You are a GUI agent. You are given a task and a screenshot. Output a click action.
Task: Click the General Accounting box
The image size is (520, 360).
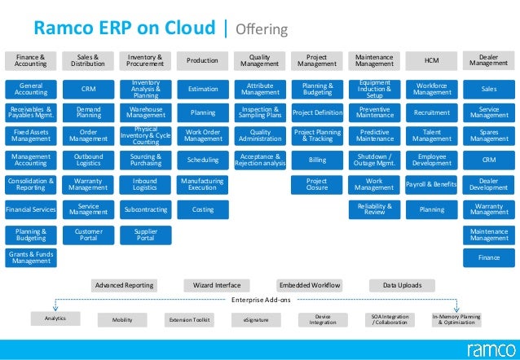coord(31,88)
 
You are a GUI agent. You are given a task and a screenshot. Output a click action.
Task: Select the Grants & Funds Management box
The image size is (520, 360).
coord(31,258)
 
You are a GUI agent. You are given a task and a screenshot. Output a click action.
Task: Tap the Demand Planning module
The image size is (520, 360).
coord(89,112)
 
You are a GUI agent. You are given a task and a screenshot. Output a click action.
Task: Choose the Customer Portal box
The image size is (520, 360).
coord(89,234)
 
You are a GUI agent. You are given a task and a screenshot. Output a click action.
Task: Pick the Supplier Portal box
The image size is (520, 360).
coord(145,234)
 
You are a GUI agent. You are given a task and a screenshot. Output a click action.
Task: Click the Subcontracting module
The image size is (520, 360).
coord(145,209)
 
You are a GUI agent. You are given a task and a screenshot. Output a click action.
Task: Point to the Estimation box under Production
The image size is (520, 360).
coord(202,88)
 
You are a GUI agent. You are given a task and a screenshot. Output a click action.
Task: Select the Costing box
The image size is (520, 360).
coord(202,209)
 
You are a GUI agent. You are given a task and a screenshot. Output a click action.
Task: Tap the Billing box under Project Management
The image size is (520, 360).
coord(317,160)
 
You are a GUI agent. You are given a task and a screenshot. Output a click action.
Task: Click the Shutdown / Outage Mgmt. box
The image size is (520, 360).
coord(374,160)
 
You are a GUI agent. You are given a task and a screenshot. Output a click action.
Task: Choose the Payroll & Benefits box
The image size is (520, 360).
coord(431,185)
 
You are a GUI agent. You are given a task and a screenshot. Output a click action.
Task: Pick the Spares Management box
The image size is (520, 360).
coord(489,136)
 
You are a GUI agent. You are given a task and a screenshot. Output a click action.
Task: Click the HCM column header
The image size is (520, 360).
coord(431,59)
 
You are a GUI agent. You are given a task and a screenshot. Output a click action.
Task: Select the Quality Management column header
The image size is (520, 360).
coord(260,59)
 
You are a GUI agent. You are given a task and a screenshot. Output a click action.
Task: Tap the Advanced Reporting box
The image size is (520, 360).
coord(124,285)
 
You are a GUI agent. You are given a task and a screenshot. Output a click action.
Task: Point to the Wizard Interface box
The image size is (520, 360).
coord(217,285)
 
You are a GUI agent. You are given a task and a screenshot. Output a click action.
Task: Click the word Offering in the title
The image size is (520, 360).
coord(261,30)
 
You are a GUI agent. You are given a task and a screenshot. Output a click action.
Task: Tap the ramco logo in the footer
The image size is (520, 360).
coord(488,349)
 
